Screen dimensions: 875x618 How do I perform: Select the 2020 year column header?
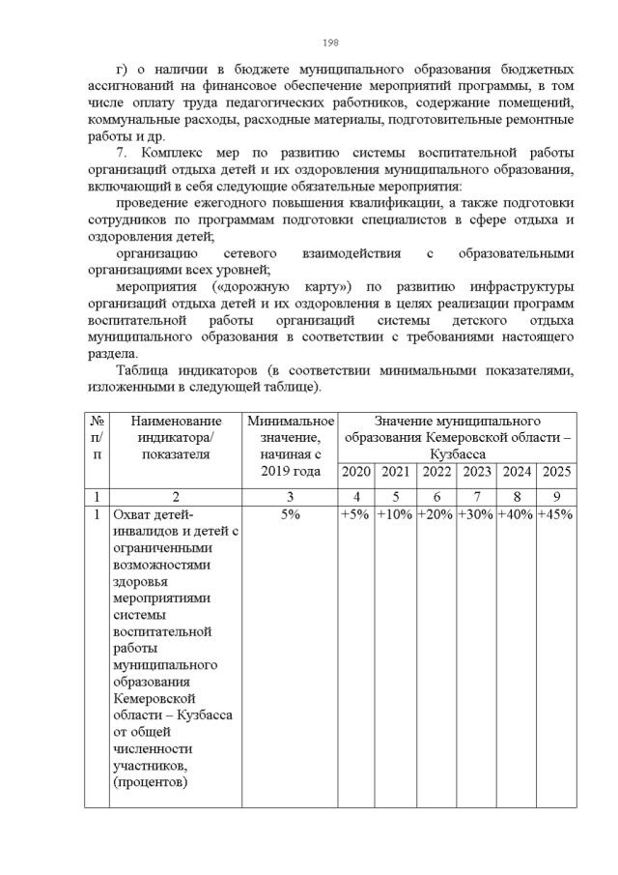tap(355, 472)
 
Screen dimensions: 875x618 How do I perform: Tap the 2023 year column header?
tap(476, 472)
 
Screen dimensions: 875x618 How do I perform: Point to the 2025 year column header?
tap(556, 472)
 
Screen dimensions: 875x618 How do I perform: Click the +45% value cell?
tap(556, 515)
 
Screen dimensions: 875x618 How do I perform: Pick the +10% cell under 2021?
tap(395, 515)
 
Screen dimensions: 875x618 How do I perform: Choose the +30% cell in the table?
tap(476, 515)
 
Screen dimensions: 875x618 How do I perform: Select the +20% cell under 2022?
tap(435, 515)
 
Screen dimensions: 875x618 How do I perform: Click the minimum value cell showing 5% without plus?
tap(289, 515)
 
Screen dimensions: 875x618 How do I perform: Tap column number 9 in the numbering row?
tap(556, 496)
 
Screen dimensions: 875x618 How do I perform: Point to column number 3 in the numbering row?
tap(289, 496)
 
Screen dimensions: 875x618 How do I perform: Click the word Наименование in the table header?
tap(177, 421)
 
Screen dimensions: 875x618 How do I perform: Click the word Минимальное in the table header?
tap(290, 421)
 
